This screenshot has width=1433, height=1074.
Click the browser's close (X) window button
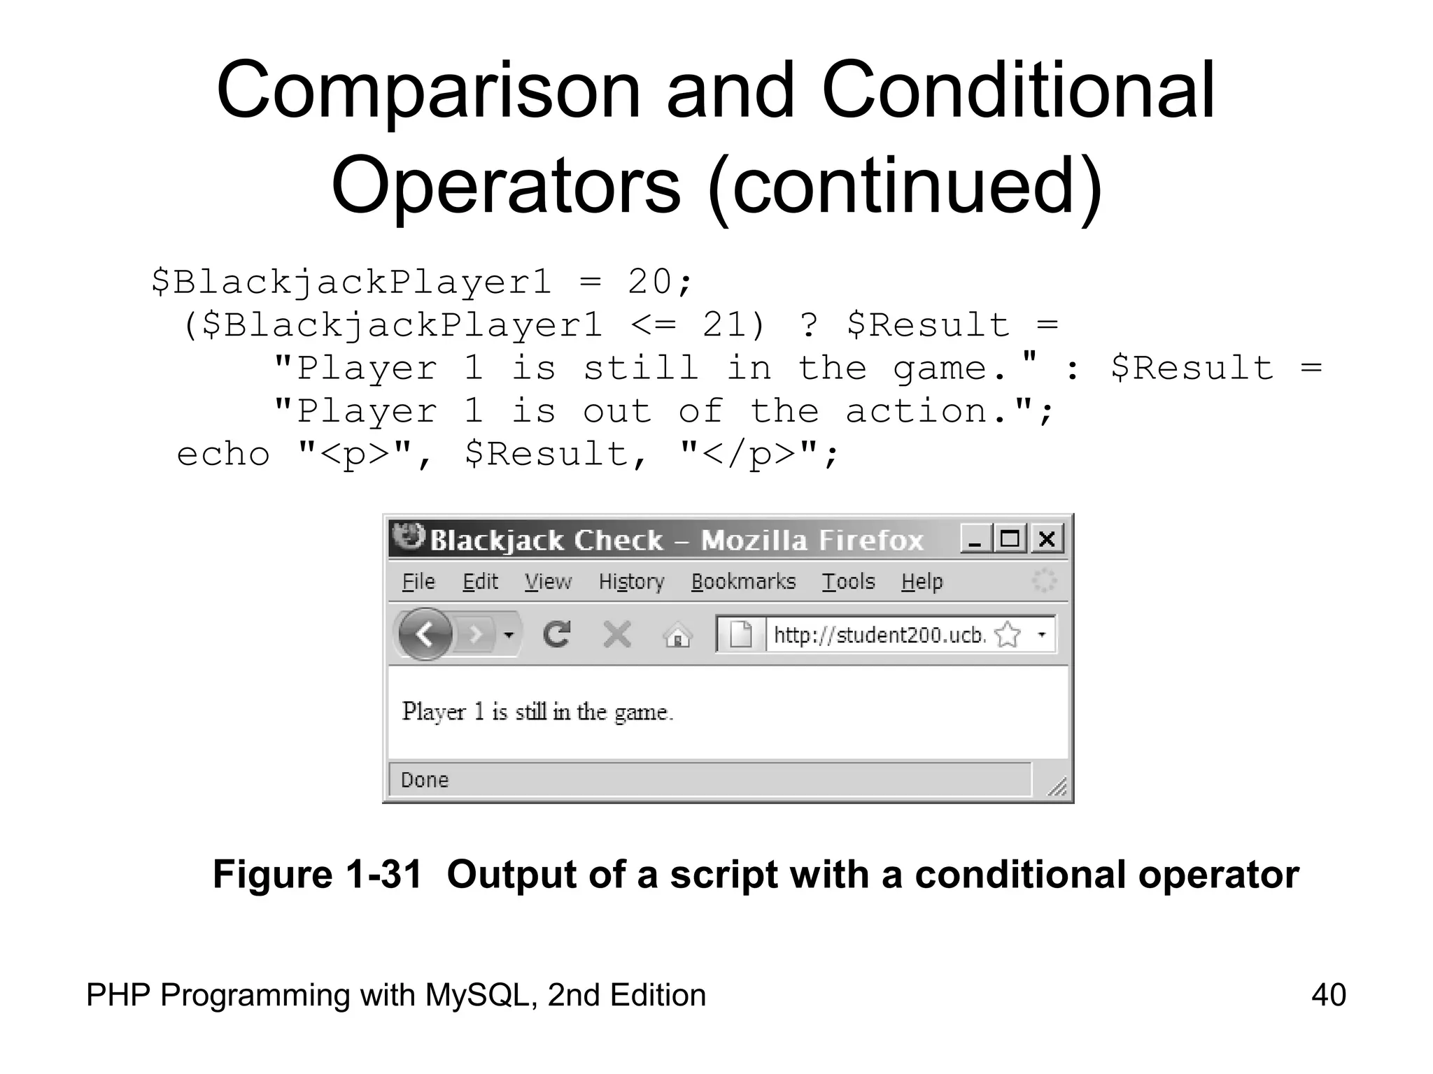[1047, 539]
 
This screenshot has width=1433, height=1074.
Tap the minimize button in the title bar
[975, 539]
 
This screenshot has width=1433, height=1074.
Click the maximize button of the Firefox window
[1010, 539]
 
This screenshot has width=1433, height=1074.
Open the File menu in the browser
[418, 582]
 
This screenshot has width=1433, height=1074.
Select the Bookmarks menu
[743, 582]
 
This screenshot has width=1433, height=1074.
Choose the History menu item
[631, 582]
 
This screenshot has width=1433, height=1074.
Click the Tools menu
[848, 582]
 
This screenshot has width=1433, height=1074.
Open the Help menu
[922, 582]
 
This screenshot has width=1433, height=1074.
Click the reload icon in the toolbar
[556, 635]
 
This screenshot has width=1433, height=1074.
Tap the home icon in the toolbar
[677, 636]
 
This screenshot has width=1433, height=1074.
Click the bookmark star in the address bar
[1007, 635]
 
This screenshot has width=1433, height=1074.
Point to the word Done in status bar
[425, 780]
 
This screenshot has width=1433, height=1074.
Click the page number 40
[1328, 995]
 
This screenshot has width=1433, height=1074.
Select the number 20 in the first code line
[648, 282]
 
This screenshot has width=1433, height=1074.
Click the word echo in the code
[223, 454]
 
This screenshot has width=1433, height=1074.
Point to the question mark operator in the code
[809, 325]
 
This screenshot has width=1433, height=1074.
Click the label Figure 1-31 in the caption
[317, 874]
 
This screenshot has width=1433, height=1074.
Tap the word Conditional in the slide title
[1018, 91]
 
